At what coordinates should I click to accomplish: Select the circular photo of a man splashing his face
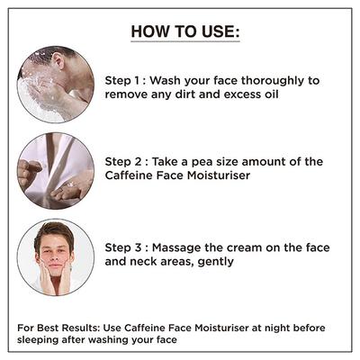coord(55,85)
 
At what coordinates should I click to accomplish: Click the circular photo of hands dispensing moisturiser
coord(55,171)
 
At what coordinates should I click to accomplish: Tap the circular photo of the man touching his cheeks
coord(55,256)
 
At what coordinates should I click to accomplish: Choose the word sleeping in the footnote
coord(40,340)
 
